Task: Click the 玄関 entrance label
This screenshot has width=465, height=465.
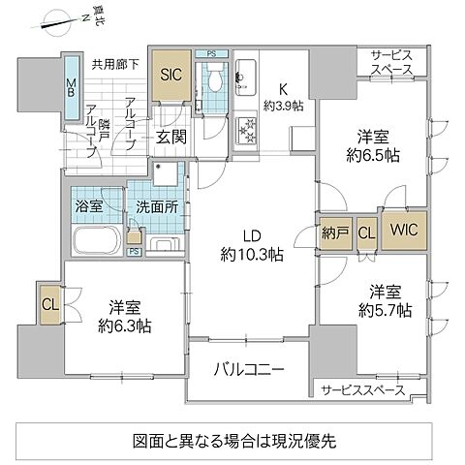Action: click(x=171, y=137)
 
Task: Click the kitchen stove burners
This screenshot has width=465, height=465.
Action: click(x=246, y=127)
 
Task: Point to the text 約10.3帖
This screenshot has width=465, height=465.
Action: click(x=250, y=255)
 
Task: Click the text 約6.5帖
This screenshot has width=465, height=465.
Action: click(x=373, y=155)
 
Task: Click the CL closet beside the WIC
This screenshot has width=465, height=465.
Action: click(x=365, y=232)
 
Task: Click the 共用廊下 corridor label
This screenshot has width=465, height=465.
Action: click(x=114, y=66)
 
